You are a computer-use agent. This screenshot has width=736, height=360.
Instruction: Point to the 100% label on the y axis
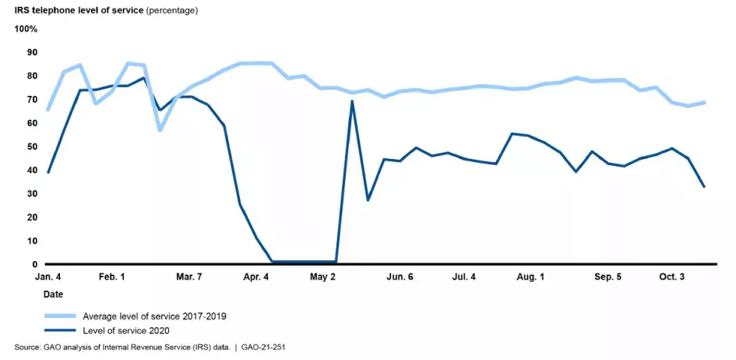point(26,29)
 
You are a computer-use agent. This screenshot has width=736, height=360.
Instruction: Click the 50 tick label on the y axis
point(32,146)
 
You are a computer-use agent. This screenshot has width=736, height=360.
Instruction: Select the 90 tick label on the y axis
point(32,52)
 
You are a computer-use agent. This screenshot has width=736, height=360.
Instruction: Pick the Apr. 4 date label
point(256,277)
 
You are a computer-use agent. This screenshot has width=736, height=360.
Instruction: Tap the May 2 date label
point(322,277)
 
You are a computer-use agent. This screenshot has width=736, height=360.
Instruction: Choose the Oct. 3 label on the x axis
point(671,277)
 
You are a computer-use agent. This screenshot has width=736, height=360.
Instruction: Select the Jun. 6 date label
point(400,277)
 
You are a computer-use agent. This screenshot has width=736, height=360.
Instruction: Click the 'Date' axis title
point(54,295)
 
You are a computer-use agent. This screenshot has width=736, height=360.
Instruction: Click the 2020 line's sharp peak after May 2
point(352,101)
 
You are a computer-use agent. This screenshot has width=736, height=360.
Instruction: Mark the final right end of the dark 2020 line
point(705,187)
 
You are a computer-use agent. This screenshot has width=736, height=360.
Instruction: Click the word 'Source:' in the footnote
point(27,348)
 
